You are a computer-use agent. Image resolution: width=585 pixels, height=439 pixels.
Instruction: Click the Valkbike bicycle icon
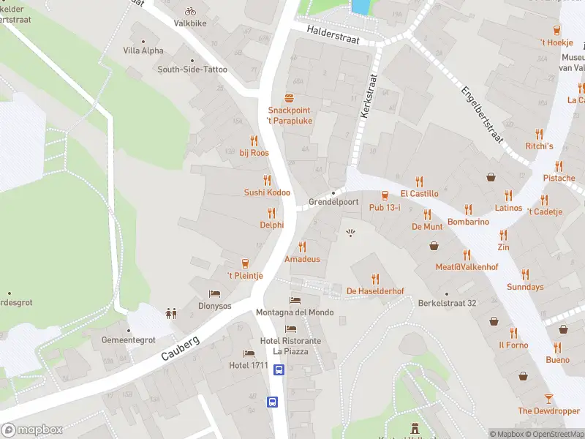[190, 11]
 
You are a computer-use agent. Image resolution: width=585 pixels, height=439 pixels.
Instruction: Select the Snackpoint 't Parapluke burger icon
[290, 98]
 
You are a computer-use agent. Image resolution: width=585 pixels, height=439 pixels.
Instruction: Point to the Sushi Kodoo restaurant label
[267, 192]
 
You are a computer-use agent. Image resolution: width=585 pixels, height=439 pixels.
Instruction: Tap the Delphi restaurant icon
[271, 213]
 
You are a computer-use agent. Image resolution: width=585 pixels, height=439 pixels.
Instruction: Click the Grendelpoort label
[333, 201]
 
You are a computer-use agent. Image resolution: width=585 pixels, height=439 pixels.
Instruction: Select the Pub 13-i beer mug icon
[385, 195]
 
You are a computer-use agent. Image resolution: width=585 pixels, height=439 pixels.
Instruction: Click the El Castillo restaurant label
[419, 194]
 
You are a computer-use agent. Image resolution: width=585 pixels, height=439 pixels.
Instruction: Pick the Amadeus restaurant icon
[302, 247]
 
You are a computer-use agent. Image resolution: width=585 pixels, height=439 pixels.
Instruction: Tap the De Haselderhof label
[375, 291]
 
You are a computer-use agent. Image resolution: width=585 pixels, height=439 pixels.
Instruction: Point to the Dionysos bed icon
[215, 293]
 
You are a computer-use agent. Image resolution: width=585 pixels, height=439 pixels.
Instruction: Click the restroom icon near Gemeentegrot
[171, 313]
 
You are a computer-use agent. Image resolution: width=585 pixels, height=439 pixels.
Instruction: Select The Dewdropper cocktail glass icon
[548, 398]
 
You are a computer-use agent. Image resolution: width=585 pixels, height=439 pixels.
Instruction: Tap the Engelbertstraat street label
[483, 119]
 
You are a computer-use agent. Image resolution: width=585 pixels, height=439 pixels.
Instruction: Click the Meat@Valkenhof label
[467, 267]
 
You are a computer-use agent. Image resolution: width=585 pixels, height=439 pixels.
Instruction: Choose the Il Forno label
[513, 345]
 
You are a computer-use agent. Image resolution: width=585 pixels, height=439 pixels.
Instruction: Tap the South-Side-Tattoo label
[192, 70]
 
